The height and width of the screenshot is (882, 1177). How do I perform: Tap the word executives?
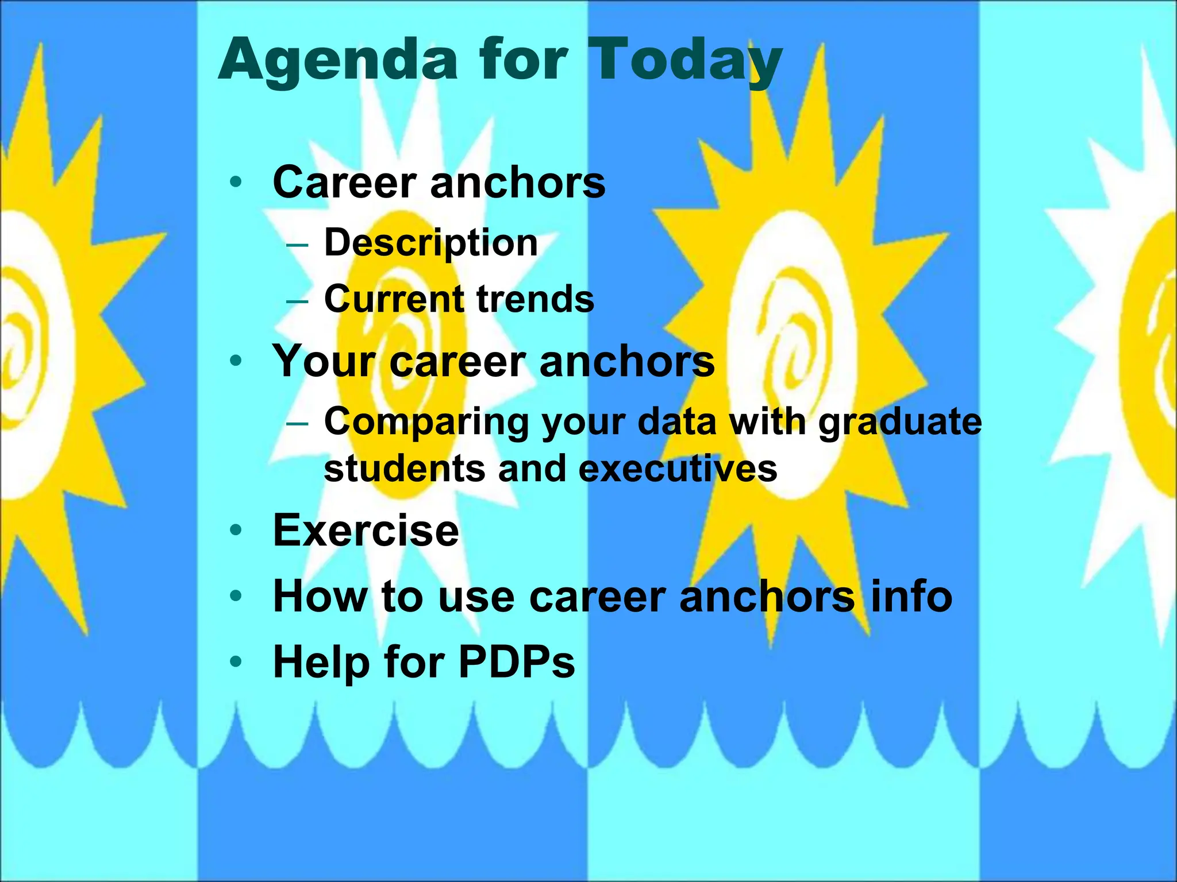point(678,468)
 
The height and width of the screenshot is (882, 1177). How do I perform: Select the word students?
point(405,468)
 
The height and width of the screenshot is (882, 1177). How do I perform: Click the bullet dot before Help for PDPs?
point(236,662)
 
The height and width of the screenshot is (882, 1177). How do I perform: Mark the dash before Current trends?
point(297,301)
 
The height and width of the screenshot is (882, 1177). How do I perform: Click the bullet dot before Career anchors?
point(236,183)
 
